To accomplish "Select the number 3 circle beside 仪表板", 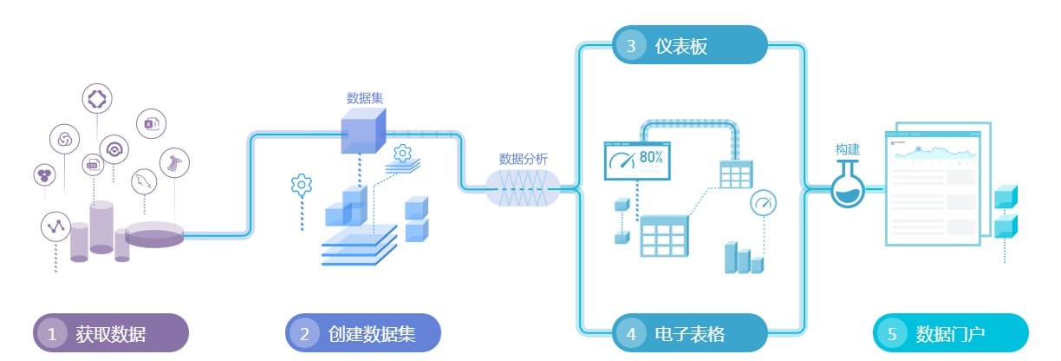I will coord(631,46).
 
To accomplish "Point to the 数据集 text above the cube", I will coord(365,98).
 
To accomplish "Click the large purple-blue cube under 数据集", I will coord(362,134).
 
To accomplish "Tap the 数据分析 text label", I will coord(523,159).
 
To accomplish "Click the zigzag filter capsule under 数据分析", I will coord(523,187).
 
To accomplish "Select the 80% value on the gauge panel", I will coord(652,158).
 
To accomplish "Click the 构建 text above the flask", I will coord(847,149).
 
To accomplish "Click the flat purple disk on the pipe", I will coord(154,233).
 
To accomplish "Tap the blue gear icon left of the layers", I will coord(301,184).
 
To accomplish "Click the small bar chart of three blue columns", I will coord(743,258).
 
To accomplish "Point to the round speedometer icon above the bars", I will coord(763,203).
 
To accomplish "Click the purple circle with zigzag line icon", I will coord(55,226).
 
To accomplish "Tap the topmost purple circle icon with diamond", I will coord(96,98).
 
